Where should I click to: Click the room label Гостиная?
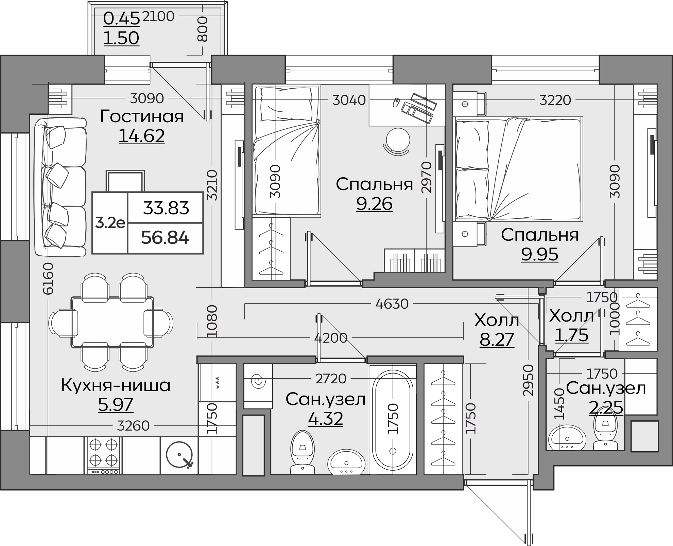pyautogui.click(x=142, y=116)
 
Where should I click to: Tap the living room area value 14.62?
pyautogui.click(x=142, y=136)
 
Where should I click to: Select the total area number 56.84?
pyautogui.click(x=165, y=237)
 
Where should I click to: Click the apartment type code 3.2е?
pyautogui.click(x=110, y=223)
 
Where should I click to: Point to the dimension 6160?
pyautogui.click(x=49, y=278)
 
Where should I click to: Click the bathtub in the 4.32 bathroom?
pyautogui.click(x=393, y=420)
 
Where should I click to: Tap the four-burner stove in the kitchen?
pyautogui.click(x=103, y=455)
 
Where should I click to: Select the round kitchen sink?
pyautogui.click(x=180, y=455)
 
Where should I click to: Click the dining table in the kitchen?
pyautogui.click(x=113, y=322)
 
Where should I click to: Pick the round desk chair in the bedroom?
pyautogui.click(x=398, y=141)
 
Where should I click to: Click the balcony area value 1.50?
pyautogui.click(x=121, y=38)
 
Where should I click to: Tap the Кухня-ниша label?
pyautogui.click(x=116, y=386)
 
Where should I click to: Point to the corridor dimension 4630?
pyautogui.click(x=392, y=304)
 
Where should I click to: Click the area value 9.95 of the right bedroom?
pyautogui.click(x=540, y=254)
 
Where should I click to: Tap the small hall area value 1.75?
pyautogui.click(x=572, y=335)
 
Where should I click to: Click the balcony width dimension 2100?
pyautogui.click(x=158, y=16)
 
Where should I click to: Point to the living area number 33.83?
pyautogui.click(x=166, y=208)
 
